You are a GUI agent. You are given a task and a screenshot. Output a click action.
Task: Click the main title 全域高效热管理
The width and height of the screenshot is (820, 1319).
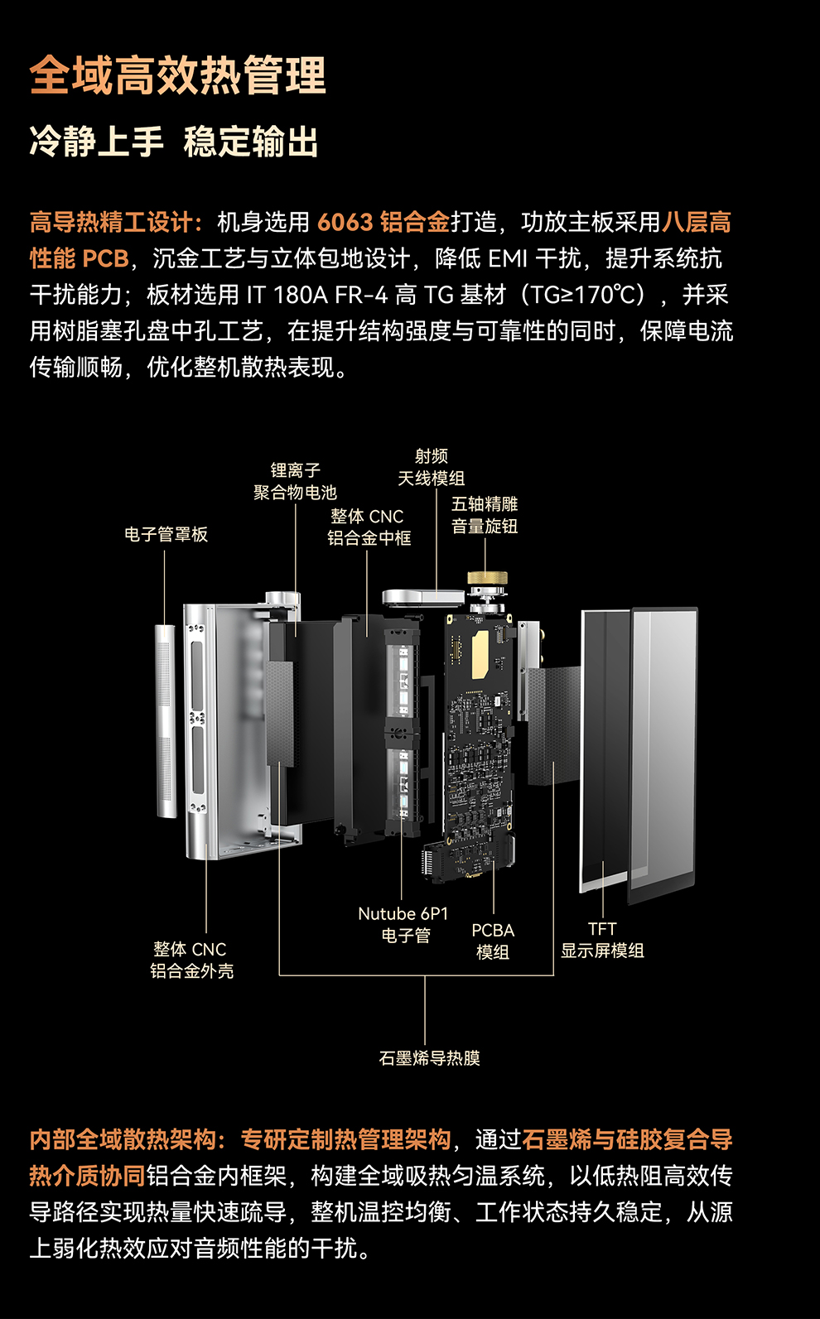pyautogui.click(x=178, y=75)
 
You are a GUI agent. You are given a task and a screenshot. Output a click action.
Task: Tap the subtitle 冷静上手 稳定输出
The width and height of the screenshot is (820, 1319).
pyautogui.click(x=174, y=141)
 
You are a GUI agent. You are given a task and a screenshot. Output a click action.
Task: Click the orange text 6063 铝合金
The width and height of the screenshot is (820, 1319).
pyautogui.click(x=383, y=222)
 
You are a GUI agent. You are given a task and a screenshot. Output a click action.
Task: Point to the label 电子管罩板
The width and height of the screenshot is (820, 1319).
pyautogui.click(x=166, y=534)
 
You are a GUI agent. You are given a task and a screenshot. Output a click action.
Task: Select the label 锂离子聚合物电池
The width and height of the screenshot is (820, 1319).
pyautogui.click(x=295, y=481)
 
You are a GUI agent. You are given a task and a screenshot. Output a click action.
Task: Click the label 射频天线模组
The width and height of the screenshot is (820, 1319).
pyautogui.click(x=431, y=467)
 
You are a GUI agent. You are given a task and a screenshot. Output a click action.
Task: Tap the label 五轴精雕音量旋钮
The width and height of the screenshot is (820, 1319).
pyautogui.click(x=485, y=515)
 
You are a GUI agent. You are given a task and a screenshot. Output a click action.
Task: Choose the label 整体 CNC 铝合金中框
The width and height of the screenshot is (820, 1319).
pyautogui.click(x=369, y=527)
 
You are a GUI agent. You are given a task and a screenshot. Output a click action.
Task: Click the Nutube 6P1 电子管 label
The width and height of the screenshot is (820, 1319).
pyautogui.click(x=403, y=924)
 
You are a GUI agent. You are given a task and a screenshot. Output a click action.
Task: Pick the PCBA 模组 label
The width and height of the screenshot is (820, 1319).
pyautogui.click(x=493, y=941)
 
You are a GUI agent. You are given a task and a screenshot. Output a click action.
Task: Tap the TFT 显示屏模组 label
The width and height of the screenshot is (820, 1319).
pyautogui.click(x=602, y=940)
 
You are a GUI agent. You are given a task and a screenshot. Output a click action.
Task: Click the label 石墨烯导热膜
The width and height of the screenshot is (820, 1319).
pyautogui.click(x=429, y=1057)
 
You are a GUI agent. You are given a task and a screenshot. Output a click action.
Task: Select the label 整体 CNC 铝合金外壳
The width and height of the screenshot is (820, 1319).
pyautogui.click(x=191, y=960)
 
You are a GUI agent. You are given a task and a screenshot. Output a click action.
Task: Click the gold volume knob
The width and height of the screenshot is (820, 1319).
pyautogui.click(x=487, y=578)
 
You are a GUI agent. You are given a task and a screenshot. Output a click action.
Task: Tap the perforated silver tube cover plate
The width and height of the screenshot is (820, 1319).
pyautogui.click(x=166, y=720)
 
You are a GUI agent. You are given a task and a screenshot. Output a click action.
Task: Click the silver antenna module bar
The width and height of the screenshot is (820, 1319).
pyautogui.click(x=422, y=597)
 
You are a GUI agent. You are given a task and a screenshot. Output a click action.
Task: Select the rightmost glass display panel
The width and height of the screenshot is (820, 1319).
pyautogui.click(x=663, y=753)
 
